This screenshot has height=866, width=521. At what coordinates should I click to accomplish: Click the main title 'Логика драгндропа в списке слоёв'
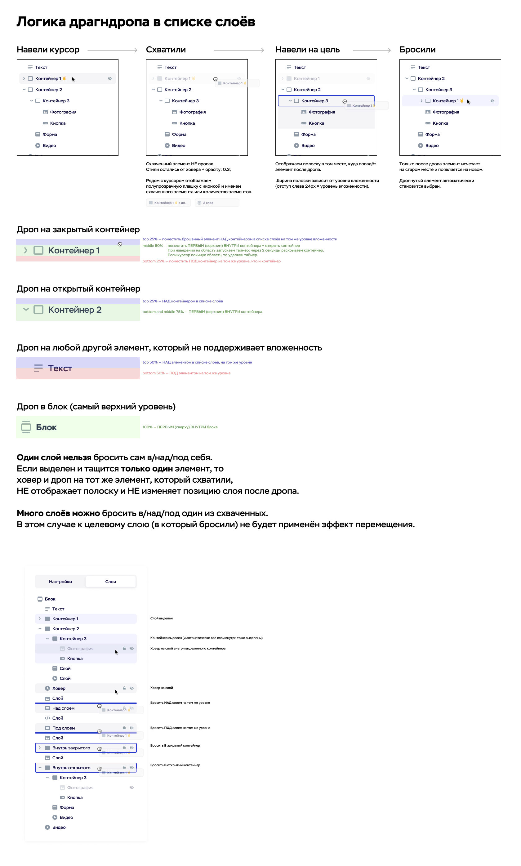pyautogui.click(x=136, y=22)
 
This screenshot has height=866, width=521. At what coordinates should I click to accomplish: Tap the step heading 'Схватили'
pyautogui.click(x=166, y=50)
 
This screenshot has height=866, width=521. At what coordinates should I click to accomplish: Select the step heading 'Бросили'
pyautogui.click(x=417, y=50)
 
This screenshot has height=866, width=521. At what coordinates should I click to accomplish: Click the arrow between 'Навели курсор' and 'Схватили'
pyautogui.click(x=112, y=50)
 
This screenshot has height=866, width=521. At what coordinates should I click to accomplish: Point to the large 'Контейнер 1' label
pyautogui.click(x=74, y=250)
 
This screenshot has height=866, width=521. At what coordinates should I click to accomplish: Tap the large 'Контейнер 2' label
pyautogui.click(x=75, y=310)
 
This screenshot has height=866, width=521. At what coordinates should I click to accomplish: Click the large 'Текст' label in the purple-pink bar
pyautogui.click(x=60, y=368)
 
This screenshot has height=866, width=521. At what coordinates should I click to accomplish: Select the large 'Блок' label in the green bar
pyautogui.click(x=46, y=427)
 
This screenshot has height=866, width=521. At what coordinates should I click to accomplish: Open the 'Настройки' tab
pyautogui.click(x=60, y=582)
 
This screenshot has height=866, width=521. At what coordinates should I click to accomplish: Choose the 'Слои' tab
pyautogui.click(x=111, y=582)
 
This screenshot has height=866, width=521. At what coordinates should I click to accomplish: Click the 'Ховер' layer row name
pyautogui.click(x=59, y=688)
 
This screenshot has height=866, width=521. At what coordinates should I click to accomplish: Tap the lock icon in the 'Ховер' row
pyautogui.click(x=124, y=688)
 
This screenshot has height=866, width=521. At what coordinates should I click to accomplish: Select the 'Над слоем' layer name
pyautogui.click(x=63, y=708)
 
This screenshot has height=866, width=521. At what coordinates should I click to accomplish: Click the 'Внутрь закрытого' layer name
pyautogui.click(x=71, y=748)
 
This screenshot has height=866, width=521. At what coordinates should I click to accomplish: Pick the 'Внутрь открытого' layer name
pyautogui.click(x=71, y=768)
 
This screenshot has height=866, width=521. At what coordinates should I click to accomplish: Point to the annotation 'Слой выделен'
pyautogui.click(x=162, y=618)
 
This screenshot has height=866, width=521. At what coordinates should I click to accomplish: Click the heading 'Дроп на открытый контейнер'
pyautogui.click(x=78, y=288)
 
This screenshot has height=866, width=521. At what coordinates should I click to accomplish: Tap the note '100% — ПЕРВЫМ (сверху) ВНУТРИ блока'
pyautogui.click(x=180, y=427)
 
